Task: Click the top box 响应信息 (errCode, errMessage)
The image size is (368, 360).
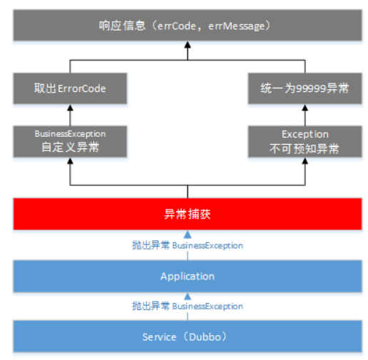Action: [188, 25]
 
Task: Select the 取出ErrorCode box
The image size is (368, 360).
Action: [70, 91]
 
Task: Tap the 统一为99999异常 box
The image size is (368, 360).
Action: [305, 91]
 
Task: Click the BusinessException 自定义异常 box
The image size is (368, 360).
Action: [70, 141]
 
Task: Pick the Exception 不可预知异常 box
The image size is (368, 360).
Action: [305, 141]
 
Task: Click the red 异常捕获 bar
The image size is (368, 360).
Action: [188, 214]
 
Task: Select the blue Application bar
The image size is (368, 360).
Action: [188, 276]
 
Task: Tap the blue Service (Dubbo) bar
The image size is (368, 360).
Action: [188, 336]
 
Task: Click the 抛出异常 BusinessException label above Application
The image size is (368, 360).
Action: [188, 245]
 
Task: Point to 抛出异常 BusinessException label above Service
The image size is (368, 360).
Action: [188, 306]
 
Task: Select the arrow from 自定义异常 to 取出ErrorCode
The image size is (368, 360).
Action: [70, 114]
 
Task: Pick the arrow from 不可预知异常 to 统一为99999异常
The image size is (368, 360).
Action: [305, 114]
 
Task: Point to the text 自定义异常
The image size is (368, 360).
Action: [70, 148]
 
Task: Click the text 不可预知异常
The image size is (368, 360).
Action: [305, 148]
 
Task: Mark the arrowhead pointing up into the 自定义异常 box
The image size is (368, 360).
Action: [70, 163]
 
